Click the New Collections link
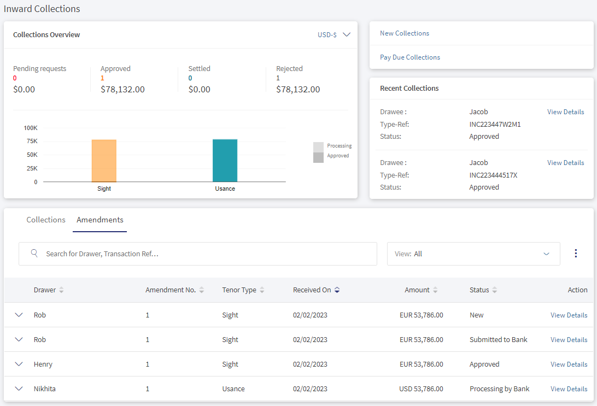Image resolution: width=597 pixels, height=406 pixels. point(405,33)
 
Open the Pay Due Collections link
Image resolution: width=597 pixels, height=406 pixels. point(409,57)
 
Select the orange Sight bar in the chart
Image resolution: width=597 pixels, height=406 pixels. point(104,161)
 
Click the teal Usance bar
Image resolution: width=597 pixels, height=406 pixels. point(225,161)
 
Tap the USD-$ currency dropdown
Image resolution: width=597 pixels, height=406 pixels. point(334,34)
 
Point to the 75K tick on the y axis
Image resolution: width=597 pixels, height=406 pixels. point(32,141)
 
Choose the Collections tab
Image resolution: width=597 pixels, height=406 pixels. point(46,220)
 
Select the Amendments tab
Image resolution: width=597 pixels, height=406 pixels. point(99,220)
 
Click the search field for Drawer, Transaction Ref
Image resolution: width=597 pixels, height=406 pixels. point(197,254)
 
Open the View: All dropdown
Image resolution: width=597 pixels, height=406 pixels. point(473,254)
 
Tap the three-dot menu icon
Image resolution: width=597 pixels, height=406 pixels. point(576,254)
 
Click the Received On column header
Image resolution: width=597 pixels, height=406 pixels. point(312,290)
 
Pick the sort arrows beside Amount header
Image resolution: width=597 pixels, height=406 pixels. point(435,290)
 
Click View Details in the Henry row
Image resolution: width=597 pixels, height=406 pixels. point(569,364)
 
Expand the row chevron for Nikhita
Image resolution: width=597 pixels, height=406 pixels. point(19,389)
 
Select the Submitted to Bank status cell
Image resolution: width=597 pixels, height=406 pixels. point(499,339)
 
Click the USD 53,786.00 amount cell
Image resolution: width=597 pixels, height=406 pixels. point(421,389)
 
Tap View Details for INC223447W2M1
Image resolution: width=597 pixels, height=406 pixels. point(565,112)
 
